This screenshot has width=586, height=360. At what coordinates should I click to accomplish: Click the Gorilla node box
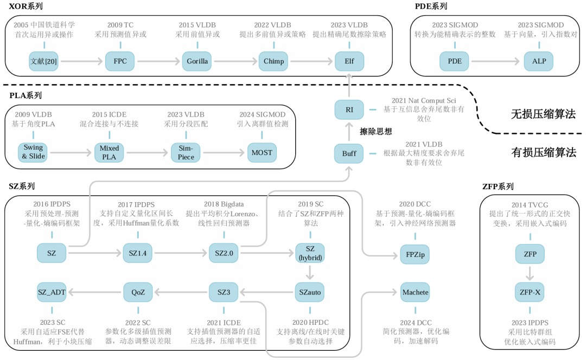coord(197,61)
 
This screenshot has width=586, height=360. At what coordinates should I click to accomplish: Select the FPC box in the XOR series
coord(120,61)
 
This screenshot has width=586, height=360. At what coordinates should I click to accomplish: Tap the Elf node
coord(349,61)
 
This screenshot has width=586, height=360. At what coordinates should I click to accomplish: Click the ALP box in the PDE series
coord(539,61)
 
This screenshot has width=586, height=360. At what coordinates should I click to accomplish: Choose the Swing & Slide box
coord(33,153)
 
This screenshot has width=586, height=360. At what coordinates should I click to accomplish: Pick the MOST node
coord(262,153)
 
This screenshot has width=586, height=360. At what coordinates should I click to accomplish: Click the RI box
coord(349,110)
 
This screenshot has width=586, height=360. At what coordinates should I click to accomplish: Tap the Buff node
coord(349,153)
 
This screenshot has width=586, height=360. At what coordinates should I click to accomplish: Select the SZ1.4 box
coord(138,253)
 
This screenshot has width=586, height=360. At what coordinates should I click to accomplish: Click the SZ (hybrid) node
coord(310,253)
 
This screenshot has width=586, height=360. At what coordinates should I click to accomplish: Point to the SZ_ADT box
coord(52,292)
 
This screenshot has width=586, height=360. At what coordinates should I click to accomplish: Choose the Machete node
coord(415,292)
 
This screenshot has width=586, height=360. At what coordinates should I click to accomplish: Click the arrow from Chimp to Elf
coord(311,61)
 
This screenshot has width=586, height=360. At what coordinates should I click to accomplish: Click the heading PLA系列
coord(26,95)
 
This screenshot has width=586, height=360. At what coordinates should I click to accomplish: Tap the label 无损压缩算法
coord(543,114)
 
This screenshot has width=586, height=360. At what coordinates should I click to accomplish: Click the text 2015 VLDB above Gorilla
coord(197,25)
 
